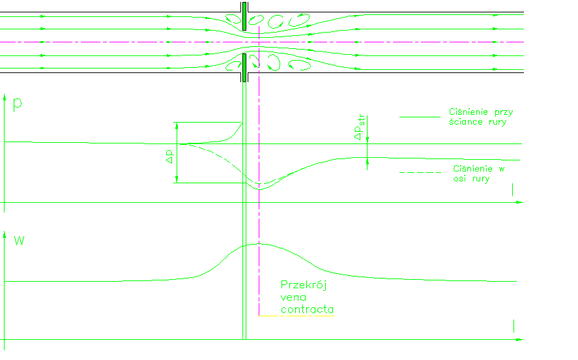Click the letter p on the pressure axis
click(18, 105)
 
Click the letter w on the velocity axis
click(19, 241)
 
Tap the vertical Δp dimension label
click(169, 157)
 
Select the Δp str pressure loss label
click(360, 127)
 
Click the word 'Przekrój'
click(302, 285)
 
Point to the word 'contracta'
click(308, 309)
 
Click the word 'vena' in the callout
click(293, 297)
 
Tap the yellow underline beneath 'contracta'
click(296, 316)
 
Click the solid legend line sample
click(420, 117)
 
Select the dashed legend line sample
click(420, 173)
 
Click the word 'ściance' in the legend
click(467, 122)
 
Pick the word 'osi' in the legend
click(462, 179)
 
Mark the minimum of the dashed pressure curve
click(260, 185)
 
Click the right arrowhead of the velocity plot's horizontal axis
click(519, 339)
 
